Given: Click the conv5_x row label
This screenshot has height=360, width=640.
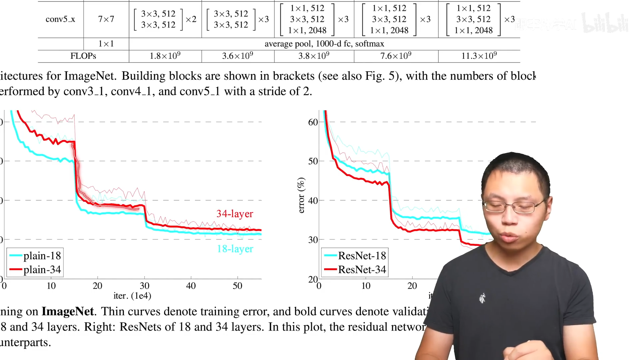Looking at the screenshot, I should (60, 19).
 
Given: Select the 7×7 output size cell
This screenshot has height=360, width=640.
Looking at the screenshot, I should (106, 19).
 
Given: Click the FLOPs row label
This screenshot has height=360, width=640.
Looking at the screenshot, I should (83, 56).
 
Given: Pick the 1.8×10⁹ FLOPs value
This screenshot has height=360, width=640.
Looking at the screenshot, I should (165, 56).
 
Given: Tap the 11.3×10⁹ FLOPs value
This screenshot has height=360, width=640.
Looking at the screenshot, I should (479, 56).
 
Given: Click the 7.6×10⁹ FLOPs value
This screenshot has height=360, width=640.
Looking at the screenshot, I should (396, 56).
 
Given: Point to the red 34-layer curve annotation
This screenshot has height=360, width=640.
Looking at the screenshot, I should (235, 214).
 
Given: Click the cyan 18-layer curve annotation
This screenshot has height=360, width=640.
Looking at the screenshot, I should (235, 249).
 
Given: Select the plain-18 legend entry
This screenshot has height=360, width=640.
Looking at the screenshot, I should (35, 256).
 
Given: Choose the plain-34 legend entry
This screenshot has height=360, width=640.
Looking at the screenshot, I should (35, 269).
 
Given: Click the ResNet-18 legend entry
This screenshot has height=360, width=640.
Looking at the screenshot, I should (355, 256).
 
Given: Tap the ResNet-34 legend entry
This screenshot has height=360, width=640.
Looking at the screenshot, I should (355, 269).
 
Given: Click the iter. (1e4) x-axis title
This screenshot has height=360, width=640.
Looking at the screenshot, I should (132, 296).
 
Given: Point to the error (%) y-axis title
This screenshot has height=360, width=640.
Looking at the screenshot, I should (301, 195).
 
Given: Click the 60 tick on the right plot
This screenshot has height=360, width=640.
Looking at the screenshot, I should (313, 122).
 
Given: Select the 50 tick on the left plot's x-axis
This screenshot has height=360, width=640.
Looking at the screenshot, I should (237, 286).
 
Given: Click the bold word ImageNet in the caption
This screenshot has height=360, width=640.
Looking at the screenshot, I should (68, 311).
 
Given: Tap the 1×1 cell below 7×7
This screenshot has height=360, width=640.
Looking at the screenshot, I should (106, 44).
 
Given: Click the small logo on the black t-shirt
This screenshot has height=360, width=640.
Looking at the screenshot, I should (482, 298).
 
